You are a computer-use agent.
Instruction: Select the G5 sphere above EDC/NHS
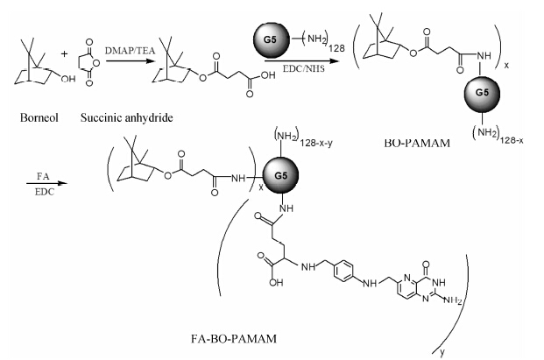click(272, 40)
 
